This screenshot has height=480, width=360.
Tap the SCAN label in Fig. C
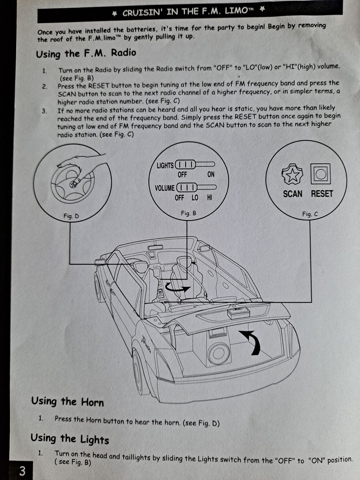[292, 194]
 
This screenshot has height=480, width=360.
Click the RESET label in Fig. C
[322, 194]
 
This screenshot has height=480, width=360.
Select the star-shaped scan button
[292, 174]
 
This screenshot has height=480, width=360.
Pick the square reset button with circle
[320, 174]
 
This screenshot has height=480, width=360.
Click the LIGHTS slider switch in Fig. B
[195, 165]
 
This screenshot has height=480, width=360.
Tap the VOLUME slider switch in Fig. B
[196, 187]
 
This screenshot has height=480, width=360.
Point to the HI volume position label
[209, 198]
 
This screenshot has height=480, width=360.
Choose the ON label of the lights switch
[211, 174]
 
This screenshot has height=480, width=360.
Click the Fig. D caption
[71, 216]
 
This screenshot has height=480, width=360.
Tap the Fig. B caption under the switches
[188, 213]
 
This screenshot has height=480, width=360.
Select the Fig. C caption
[310, 214]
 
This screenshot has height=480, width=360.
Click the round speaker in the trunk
[219, 353]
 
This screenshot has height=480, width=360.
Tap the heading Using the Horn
[67, 402]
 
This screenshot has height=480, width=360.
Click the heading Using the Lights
[70, 439]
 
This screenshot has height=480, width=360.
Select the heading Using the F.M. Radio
[86, 54]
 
